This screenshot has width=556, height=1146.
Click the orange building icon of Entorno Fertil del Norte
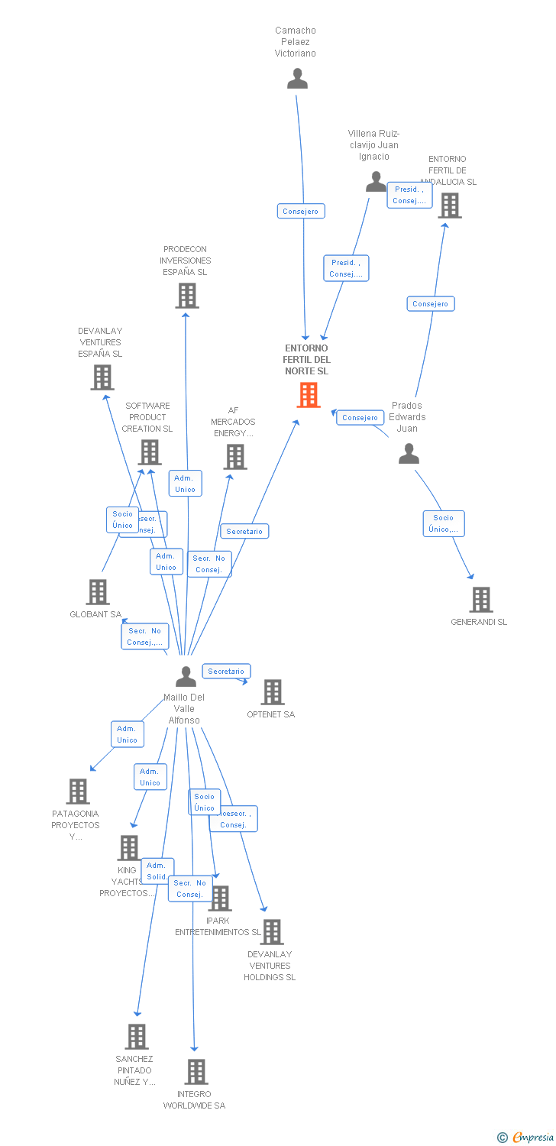click(x=309, y=395)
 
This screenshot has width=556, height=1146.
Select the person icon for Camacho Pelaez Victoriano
click(x=297, y=79)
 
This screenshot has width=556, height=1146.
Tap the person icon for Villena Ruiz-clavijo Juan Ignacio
click(x=376, y=182)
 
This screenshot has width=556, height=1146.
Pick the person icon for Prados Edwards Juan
click(x=409, y=454)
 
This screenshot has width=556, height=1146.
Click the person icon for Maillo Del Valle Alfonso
click(x=186, y=677)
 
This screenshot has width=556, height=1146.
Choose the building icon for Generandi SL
click(x=480, y=600)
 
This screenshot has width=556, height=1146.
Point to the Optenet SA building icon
click(x=272, y=692)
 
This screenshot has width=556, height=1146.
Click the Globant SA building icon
click(x=97, y=592)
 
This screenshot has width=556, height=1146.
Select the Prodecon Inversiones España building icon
click(x=186, y=296)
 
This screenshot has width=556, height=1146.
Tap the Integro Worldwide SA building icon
click(x=196, y=1072)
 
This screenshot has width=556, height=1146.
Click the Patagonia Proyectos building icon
click(x=78, y=792)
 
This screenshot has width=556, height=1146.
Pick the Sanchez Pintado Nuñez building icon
click(x=136, y=1037)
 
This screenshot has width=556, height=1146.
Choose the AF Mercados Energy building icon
click(x=234, y=457)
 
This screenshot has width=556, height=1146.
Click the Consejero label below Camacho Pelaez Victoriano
click(x=301, y=211)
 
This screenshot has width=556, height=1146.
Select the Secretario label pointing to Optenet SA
click(x=226, y=672)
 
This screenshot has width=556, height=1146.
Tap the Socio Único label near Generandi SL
click(x=444, y=523)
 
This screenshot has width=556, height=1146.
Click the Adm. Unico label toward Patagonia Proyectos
click(x=127, y=734)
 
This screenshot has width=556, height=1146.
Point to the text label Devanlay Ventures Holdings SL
click(x=270, y=966)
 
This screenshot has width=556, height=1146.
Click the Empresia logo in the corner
click(x=527, y=1138)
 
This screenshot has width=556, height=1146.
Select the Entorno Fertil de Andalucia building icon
click(x=449, y=206)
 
